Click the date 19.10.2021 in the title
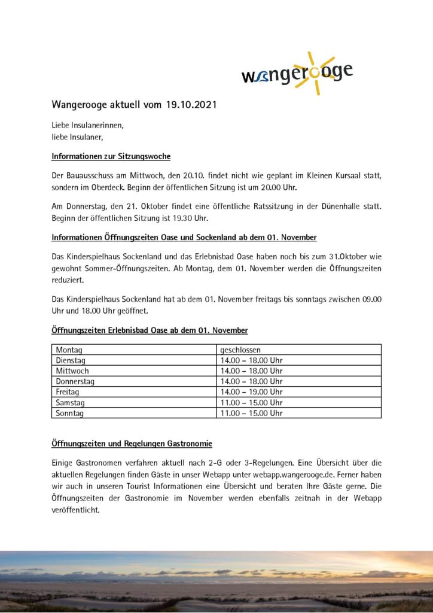[191, 105]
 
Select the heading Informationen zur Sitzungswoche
[111, 156]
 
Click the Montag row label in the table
[69, 350]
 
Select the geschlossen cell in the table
[240, 350]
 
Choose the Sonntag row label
[70, 413]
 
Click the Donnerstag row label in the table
[75, 381]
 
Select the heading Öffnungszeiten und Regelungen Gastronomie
[132, 444]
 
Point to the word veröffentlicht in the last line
[75, 511]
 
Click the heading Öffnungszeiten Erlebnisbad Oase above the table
[150, 330]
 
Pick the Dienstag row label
[71, 360]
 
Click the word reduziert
[68, 280]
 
